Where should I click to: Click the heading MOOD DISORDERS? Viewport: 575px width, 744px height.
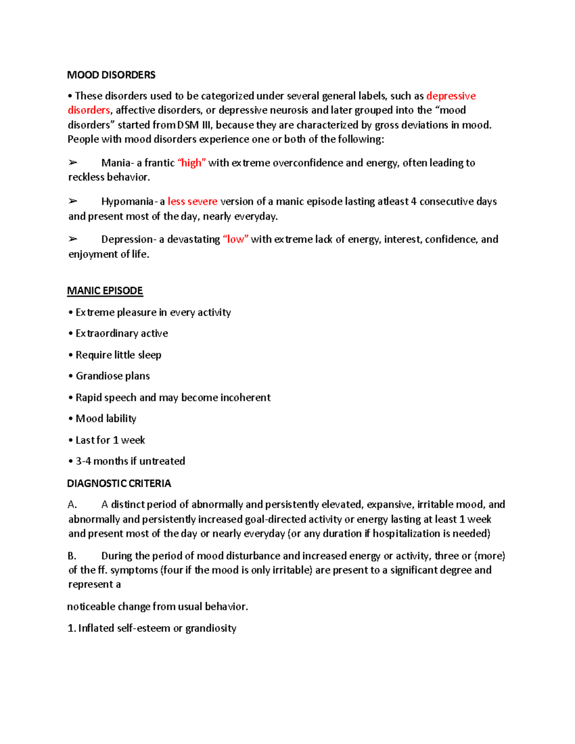pyautogui.click(x=111, y=75)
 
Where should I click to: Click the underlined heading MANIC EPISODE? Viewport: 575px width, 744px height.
pyautogui.click(x=105, y=291)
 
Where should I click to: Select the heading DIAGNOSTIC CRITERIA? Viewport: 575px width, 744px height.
pyautogui.click(x=119, y=483)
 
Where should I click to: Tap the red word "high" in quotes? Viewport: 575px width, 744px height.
pyautogui.click(x=192, y=163)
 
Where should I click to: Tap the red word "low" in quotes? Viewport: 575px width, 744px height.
pyautogui.click(x=235, y=239)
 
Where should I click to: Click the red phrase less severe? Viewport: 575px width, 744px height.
pyautogui.click(x=193, y=201)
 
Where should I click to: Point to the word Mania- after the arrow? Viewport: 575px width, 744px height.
pyautogui.click(x=117, y=163)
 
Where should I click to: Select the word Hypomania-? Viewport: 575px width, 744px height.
pyautogui.click(x=128, y=201)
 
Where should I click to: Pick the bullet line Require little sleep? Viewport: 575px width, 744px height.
pyautogui.click(x=118, y=355)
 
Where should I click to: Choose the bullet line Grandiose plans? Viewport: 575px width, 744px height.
pyautogui.click(x=113, y=376)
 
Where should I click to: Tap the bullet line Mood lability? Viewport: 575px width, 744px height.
pyautogui.click(x=106, y=419)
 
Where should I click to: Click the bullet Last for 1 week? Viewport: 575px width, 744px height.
pyautogui.click(x=110, y=440)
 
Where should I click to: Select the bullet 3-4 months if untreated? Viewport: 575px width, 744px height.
pyautogui.click(x=130, y=461)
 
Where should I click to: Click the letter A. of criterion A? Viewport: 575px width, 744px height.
pyautogui.click(x=72, y=504)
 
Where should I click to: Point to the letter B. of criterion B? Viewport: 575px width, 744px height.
pyautogui.click(x=72, y=556)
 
